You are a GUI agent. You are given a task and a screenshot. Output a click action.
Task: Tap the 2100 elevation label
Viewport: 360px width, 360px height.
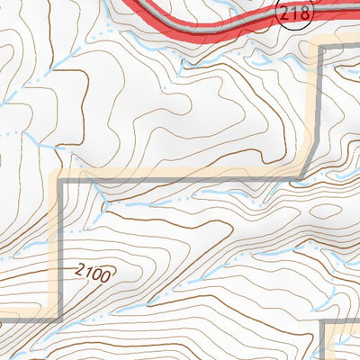[x=94, y=271]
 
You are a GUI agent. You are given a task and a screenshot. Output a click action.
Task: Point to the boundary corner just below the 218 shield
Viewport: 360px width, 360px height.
[x=321, y=46]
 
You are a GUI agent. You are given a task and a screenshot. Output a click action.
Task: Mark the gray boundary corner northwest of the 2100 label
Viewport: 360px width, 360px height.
[x=61, y=181]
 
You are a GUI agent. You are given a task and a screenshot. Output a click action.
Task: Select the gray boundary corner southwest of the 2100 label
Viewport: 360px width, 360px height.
[x=59, y=319]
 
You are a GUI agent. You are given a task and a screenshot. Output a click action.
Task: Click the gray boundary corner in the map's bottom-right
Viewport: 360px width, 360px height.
[x=322, y=322]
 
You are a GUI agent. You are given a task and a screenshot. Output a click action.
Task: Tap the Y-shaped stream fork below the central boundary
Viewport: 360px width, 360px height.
[x=106, y=206]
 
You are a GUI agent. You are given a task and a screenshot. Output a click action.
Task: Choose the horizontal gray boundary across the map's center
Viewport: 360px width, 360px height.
[x=180, y=180]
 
